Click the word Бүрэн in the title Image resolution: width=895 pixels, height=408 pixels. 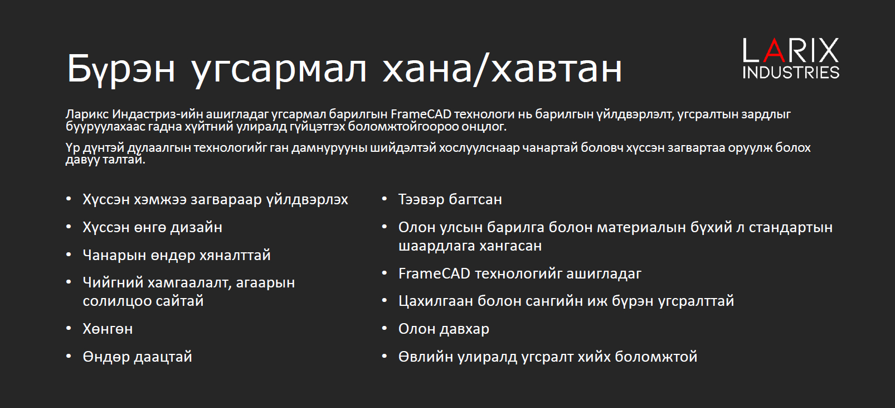coord(121,69)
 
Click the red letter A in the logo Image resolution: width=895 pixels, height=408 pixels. coord(774,50)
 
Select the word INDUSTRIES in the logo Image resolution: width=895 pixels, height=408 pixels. coord(791,73)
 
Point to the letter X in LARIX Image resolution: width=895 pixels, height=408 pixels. coord(828,50)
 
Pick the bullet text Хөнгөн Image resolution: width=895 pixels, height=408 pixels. coord(108,329)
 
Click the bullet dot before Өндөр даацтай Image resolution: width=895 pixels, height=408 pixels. coord(69,356)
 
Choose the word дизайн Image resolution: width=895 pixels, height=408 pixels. coord(197,227)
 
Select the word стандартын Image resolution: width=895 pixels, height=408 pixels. coord(791,227)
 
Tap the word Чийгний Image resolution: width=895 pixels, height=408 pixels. coord(113,282)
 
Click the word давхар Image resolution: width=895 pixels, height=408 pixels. coord(464,329)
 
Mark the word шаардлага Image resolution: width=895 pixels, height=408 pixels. coord(437,246)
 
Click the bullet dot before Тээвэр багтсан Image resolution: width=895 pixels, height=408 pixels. coord(385,198)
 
